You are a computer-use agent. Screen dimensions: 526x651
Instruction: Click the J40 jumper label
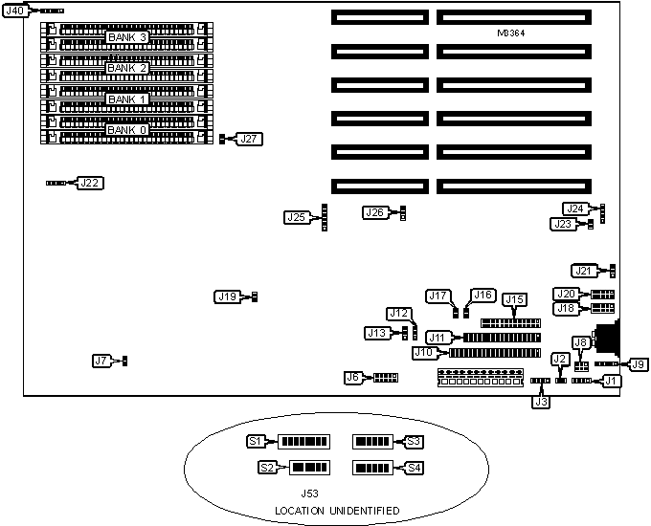tap(15, 11)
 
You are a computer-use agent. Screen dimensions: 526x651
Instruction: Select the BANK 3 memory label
tap(126, 37)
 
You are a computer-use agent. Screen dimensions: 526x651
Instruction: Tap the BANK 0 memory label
tap(126, 130)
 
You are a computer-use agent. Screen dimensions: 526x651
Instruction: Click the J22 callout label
tap(90, 182)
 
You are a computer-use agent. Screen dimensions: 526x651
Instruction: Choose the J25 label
tap(297, 217)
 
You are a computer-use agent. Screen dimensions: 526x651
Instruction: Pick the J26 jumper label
tap(374, 212)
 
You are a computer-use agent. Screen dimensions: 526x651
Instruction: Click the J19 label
tap(227, 297)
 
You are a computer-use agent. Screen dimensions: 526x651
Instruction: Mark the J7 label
tap(102, 361)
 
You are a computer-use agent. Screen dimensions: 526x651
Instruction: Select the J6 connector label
tap(355, 378)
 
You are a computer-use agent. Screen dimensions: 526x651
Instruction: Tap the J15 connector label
tap(514, 300)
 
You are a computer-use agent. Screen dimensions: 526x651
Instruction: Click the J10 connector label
tap(424, 352)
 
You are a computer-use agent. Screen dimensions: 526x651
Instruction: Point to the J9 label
tap(638, 364)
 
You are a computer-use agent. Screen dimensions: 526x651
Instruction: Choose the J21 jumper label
tap(584, 271)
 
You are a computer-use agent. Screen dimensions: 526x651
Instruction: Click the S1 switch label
tap(256, 441)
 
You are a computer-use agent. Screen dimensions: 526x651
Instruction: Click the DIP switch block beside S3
tap(372, 442)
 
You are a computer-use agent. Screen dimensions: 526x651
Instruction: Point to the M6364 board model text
tap(511, 33)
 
